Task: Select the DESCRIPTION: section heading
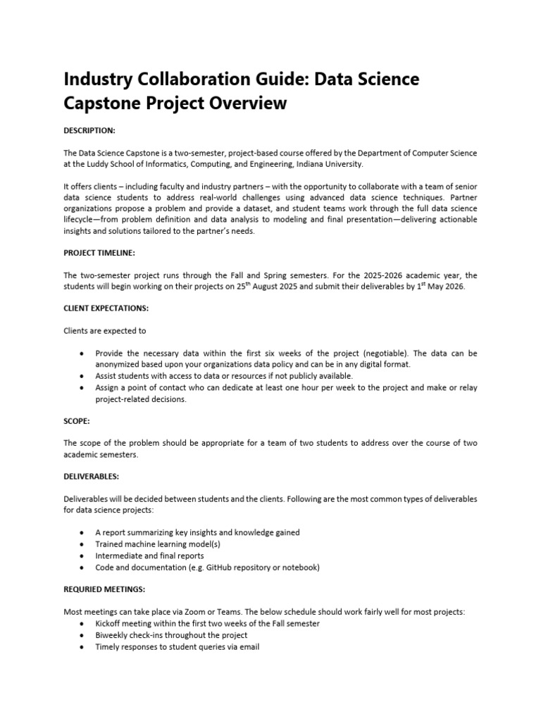coord(89,130)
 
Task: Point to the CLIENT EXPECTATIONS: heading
coord(106,308)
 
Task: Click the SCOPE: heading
coord(77,420)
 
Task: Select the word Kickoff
coord(111,624)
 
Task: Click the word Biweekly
coord(114,636)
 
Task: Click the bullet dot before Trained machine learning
coord(84,544)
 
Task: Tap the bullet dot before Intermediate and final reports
coord(84,556)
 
